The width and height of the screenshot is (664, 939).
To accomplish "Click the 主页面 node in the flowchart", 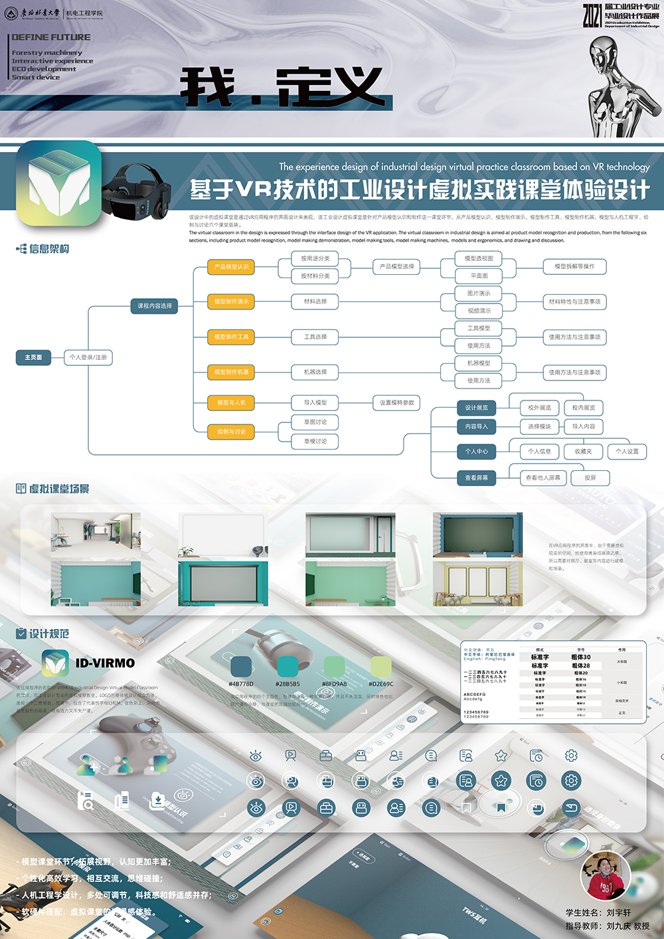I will (x=33, y=357).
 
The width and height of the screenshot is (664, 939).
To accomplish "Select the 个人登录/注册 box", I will (x=88, y=357).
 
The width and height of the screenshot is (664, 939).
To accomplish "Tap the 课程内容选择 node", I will (x=155, y=306).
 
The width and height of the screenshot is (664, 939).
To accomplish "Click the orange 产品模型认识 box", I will (x=231, y=267).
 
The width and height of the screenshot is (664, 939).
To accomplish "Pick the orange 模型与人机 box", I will (x=231, y=402).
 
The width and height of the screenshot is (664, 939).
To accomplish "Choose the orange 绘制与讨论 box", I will (x=231, y=432).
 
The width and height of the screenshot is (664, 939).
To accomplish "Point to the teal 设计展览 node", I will (x=476, y=408).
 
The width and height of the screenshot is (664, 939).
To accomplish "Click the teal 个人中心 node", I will (x=476, y=452).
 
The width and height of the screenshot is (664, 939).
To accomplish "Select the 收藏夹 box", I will (x=583, y=452).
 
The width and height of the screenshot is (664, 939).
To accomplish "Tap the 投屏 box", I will (x=590, y=477).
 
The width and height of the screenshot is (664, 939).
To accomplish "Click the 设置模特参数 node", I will (x=396, y=402).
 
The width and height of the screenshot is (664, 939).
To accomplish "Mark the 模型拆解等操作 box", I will (x=574, y=266).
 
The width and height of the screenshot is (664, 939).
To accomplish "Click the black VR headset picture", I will (x=139, y=192).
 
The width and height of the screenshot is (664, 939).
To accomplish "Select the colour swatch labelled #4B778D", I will (x=241, y=666).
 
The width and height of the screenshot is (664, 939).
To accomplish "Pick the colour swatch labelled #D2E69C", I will (x=380, y=666).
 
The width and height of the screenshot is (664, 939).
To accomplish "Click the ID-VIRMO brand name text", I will (x=105, y=663).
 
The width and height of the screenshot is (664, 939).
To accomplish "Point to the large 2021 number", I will (x=592, y=15).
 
